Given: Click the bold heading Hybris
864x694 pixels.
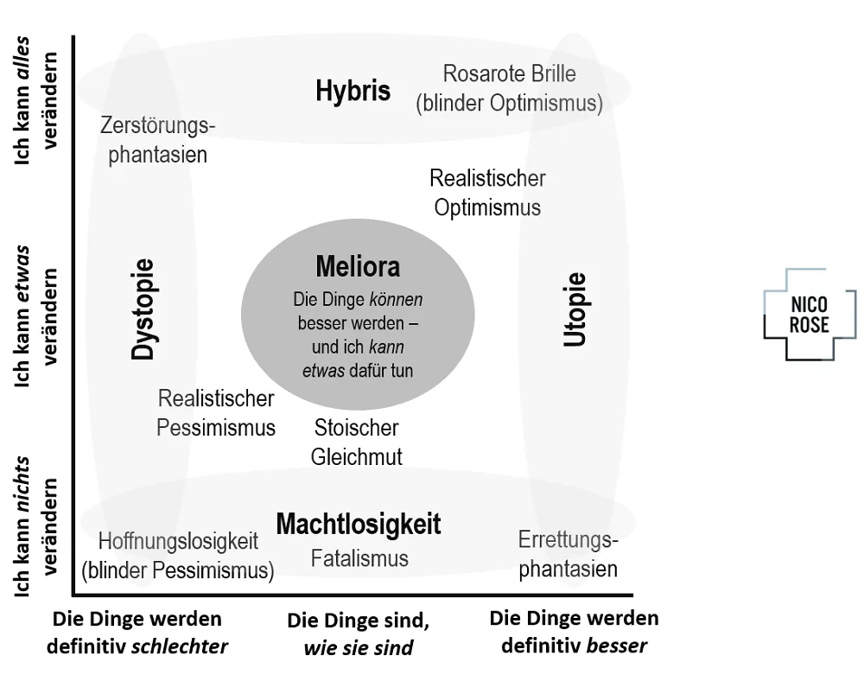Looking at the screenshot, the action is [x=353, y=91].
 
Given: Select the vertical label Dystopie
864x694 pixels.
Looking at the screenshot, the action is [x=143, y=309].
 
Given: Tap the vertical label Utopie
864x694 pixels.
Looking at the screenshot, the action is [x=575, y=309].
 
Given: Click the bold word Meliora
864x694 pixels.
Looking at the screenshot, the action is [x=358, y=267].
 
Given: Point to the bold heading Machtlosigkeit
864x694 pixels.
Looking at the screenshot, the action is [x=359, y=524].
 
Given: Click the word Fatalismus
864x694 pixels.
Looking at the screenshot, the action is [x=359, y=558].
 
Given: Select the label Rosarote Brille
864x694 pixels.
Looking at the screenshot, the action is [x=509, y=73].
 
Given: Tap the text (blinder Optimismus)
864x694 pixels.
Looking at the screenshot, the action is [x=509, y=104].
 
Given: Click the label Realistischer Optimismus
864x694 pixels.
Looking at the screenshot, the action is [x=487, y=193].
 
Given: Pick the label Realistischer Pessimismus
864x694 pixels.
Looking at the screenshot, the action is [x=216, y=413].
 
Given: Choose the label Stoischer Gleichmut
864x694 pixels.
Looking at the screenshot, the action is [x=357, y=443].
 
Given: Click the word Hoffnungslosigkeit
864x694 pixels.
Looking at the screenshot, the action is [x=178, y=541].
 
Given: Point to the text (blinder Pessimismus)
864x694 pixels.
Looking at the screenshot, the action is [x=177, y=570].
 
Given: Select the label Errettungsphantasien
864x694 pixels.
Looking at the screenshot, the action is [x=569, y=554].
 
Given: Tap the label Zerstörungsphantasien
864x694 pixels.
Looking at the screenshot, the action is [x=157, y=140].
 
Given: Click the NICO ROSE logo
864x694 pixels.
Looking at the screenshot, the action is [x=810, y=315].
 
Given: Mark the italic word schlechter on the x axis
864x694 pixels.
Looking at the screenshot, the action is [x=180, y=646].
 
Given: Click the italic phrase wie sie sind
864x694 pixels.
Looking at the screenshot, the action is [x=359, y=647].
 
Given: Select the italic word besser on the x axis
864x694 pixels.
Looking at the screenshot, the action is [x=617, y=646].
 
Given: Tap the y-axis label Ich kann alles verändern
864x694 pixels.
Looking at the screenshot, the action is [x=35, y=100].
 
